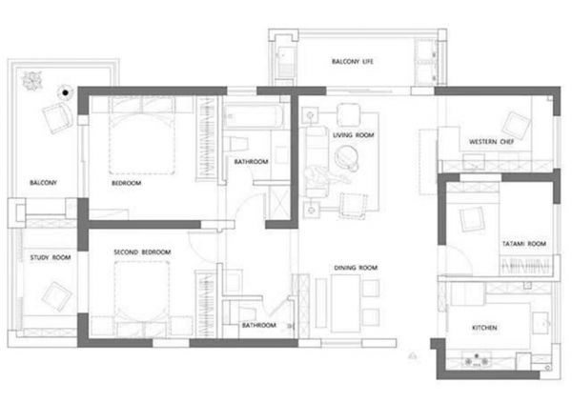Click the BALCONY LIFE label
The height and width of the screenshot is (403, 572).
353,61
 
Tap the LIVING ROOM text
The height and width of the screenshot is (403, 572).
353,135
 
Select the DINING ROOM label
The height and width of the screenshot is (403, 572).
356,268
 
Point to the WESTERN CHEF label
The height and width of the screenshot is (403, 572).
491,142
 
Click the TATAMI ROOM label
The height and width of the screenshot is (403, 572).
524,244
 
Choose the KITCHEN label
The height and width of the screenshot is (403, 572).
484,328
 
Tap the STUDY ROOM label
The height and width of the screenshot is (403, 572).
51,257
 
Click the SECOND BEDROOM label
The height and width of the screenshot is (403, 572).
142,252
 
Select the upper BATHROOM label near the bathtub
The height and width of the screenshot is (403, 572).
251,162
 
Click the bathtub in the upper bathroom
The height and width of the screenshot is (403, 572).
254,116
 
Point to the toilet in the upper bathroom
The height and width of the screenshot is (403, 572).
236,143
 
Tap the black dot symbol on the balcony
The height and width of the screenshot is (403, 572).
65,93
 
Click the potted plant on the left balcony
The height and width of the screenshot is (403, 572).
32,81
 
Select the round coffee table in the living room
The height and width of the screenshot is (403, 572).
345,155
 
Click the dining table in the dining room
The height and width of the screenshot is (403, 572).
345,303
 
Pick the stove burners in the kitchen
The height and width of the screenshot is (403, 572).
476,359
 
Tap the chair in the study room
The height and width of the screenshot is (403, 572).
56,296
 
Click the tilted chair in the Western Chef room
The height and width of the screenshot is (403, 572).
516,126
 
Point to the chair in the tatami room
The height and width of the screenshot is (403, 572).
473,219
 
